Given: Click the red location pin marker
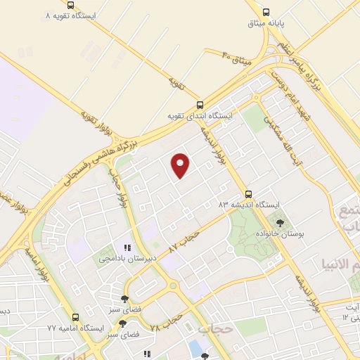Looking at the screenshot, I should pos(181,165).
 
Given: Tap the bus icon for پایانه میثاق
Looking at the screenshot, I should pos(266,12).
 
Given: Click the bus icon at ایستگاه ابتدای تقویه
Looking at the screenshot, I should pos(200,104).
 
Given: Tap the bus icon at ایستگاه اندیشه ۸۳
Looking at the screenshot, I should pos(247,193).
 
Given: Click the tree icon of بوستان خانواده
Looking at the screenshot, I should pos(280,222).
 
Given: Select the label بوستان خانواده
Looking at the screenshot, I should pos(281,233).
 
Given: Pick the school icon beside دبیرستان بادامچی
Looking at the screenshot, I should pos(127,247).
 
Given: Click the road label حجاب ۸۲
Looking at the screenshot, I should pos(185,241).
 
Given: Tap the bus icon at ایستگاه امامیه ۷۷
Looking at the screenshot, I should pos(76,317).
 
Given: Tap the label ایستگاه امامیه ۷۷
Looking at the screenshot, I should pos(76,328).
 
